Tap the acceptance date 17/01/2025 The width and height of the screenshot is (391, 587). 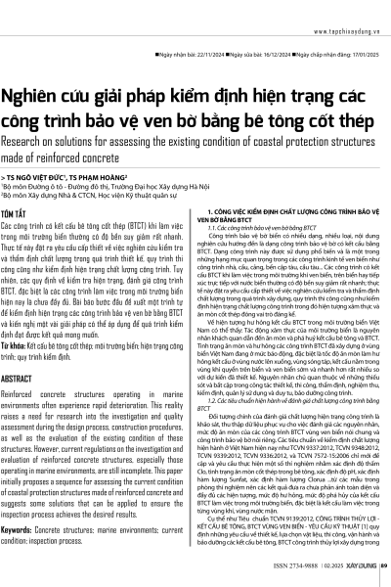pos(356,29)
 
